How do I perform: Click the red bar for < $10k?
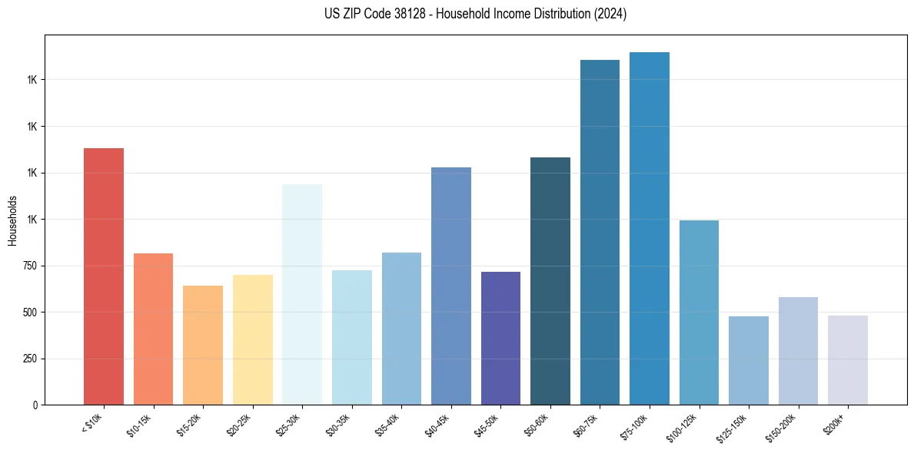(x=103, y=276)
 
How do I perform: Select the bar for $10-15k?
(x=153, y=329)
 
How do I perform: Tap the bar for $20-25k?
(x=252, y=339)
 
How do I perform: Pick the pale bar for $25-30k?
(x=302, y=294)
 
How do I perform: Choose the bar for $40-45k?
(x=450, y=286)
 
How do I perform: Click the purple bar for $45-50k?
(x=500, y=338)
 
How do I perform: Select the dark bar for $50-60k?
(x=550, y=281)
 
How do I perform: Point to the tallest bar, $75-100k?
(x=650, y=228)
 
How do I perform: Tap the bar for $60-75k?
(x=600, y=232)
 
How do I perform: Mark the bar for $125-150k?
(x=749, y=360)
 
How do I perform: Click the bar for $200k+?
(x=848, y=360)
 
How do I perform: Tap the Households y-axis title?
(x=12, y=220)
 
